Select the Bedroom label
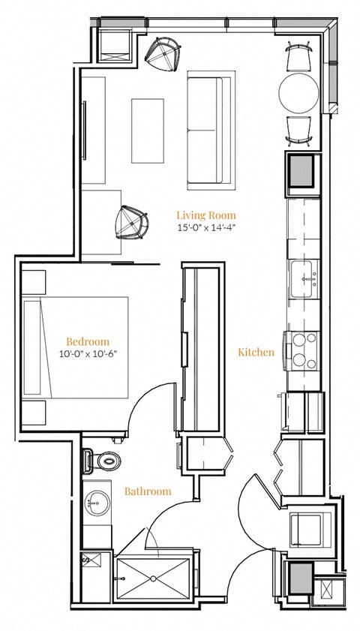click(87, 340)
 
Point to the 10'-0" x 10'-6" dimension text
click(87, 353)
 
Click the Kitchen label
click(256, 352)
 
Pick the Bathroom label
click(148, 491)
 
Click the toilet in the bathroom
click(101, 458)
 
